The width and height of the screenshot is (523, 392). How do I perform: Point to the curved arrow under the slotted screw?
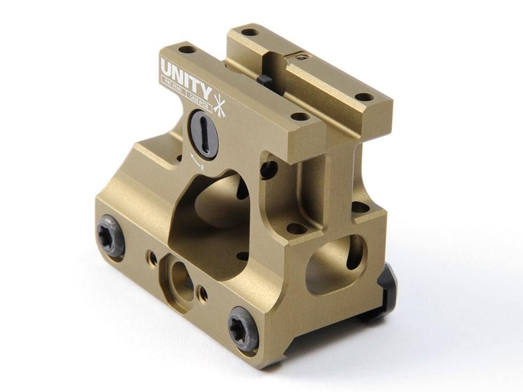(194, 159)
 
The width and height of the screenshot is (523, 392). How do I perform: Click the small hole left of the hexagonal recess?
(153, 258)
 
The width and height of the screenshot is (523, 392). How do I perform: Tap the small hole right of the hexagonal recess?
(202, 292)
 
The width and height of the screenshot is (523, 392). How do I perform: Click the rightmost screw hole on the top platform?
(364, 98)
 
